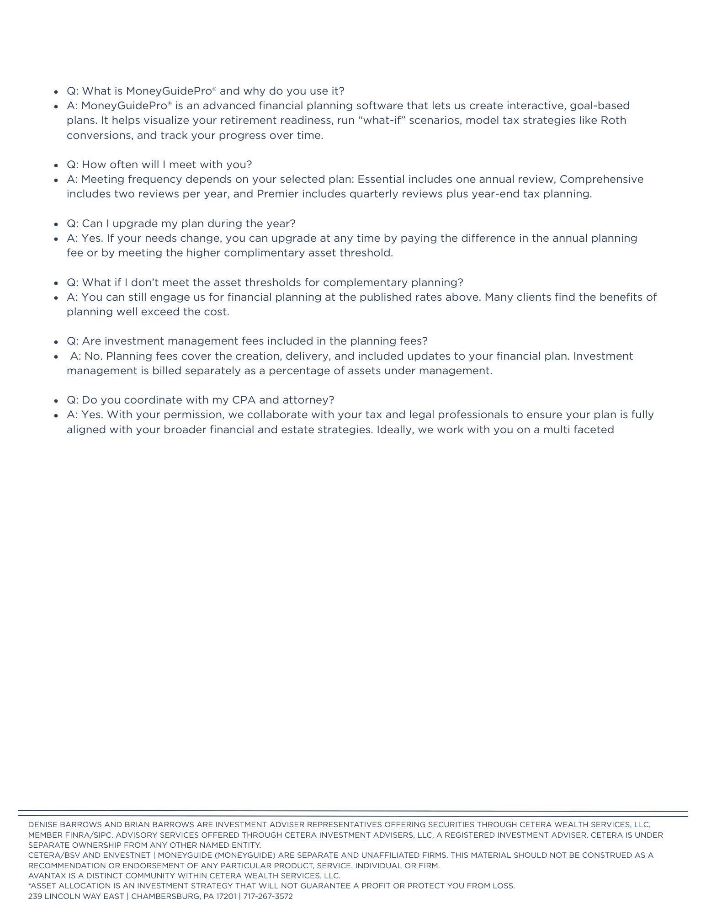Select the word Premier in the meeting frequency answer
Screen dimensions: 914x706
click(x=277, y=194)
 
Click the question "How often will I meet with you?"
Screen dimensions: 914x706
click(x=159, y=165)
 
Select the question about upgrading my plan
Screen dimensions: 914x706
click(x=181, y=223)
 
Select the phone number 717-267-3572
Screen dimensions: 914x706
click(x=268, y=896)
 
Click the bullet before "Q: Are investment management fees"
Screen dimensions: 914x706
click(x=56, y=342)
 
